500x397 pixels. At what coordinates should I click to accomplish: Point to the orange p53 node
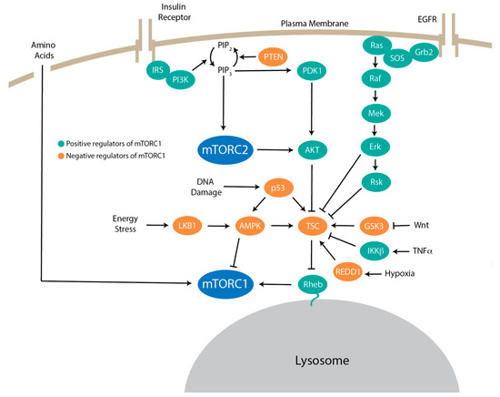tap(280, 187)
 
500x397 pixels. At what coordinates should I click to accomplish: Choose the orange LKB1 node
tap(188, 222)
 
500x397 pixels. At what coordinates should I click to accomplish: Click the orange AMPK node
tap(250, 222)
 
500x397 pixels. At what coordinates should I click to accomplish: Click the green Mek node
tap(374, 113)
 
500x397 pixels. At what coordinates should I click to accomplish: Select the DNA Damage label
tap(206, 187)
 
